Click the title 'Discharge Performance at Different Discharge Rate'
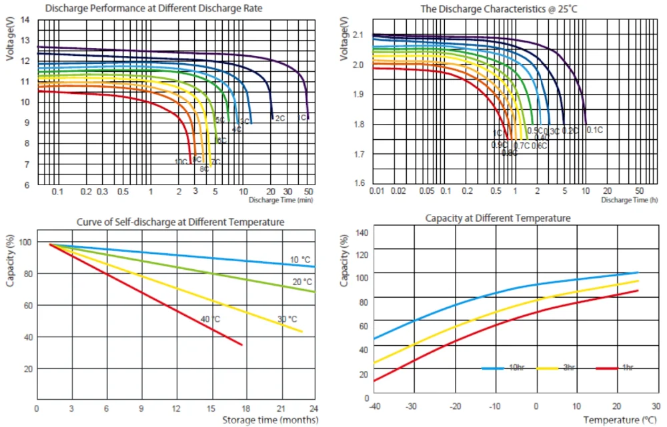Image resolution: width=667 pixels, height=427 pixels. point(153,9)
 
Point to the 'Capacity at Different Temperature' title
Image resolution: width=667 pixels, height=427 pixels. point(498,218)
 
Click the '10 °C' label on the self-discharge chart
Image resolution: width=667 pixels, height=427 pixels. point(299,258)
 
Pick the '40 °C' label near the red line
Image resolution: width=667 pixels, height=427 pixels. point(211,320)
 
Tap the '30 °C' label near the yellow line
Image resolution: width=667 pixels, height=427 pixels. point(287,319)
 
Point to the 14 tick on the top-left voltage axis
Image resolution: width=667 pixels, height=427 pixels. point(25,19)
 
